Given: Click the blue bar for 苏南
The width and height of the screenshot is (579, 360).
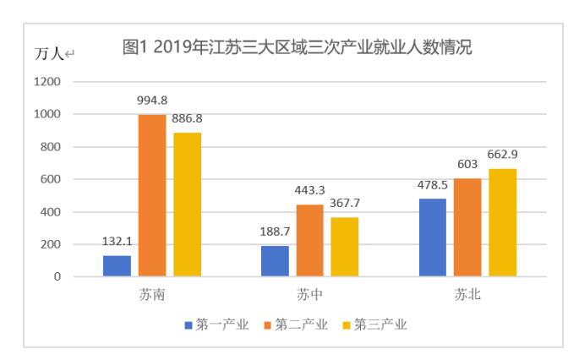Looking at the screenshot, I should click(117, 265).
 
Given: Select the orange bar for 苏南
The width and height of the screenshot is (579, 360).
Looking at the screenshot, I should click(152, 195).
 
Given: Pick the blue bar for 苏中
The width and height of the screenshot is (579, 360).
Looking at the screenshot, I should click(275, 261).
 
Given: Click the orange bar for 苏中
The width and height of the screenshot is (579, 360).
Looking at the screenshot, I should click(309, 240).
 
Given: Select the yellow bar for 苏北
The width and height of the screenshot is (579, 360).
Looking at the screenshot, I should click(502, 222).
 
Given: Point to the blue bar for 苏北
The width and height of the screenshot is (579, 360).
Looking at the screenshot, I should click(433, 237).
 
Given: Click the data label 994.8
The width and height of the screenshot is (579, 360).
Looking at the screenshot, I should click(152, 101).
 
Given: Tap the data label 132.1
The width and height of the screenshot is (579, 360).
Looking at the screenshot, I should click(117, 241).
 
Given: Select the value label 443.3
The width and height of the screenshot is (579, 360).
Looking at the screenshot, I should click(309, 191).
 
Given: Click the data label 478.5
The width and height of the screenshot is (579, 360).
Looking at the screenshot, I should click(433, 185).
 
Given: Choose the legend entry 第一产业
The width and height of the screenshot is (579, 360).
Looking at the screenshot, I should click(216, 324).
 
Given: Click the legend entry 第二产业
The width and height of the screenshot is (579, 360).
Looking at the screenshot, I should click(295, 324).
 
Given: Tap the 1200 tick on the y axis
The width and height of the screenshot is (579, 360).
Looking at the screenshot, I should click(47, 82).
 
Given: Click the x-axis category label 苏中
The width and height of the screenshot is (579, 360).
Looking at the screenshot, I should click(309, 296).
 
